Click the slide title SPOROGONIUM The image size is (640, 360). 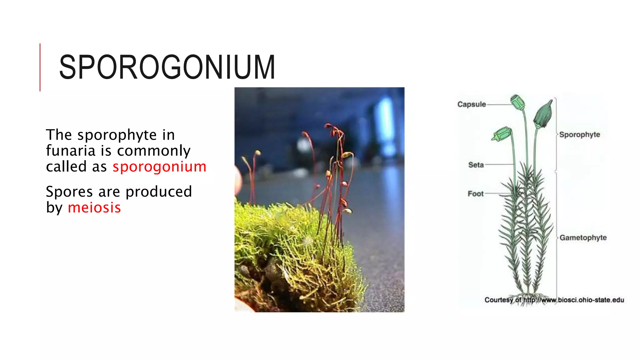167,67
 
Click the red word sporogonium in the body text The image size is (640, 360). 159,167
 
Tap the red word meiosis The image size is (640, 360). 94,208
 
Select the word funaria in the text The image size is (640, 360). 71,151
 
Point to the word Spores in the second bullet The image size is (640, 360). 69,192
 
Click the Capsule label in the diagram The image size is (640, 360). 471,104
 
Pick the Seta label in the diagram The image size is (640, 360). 476,165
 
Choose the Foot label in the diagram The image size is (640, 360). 475,194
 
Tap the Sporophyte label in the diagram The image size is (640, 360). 579,135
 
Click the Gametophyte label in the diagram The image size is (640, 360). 583,238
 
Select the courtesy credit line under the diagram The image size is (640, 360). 554,300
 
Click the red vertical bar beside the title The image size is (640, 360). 40,67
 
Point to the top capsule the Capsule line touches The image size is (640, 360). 517,102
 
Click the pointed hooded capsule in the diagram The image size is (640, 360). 543,114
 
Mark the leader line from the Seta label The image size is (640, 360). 499,164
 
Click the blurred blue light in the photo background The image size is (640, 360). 386,125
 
